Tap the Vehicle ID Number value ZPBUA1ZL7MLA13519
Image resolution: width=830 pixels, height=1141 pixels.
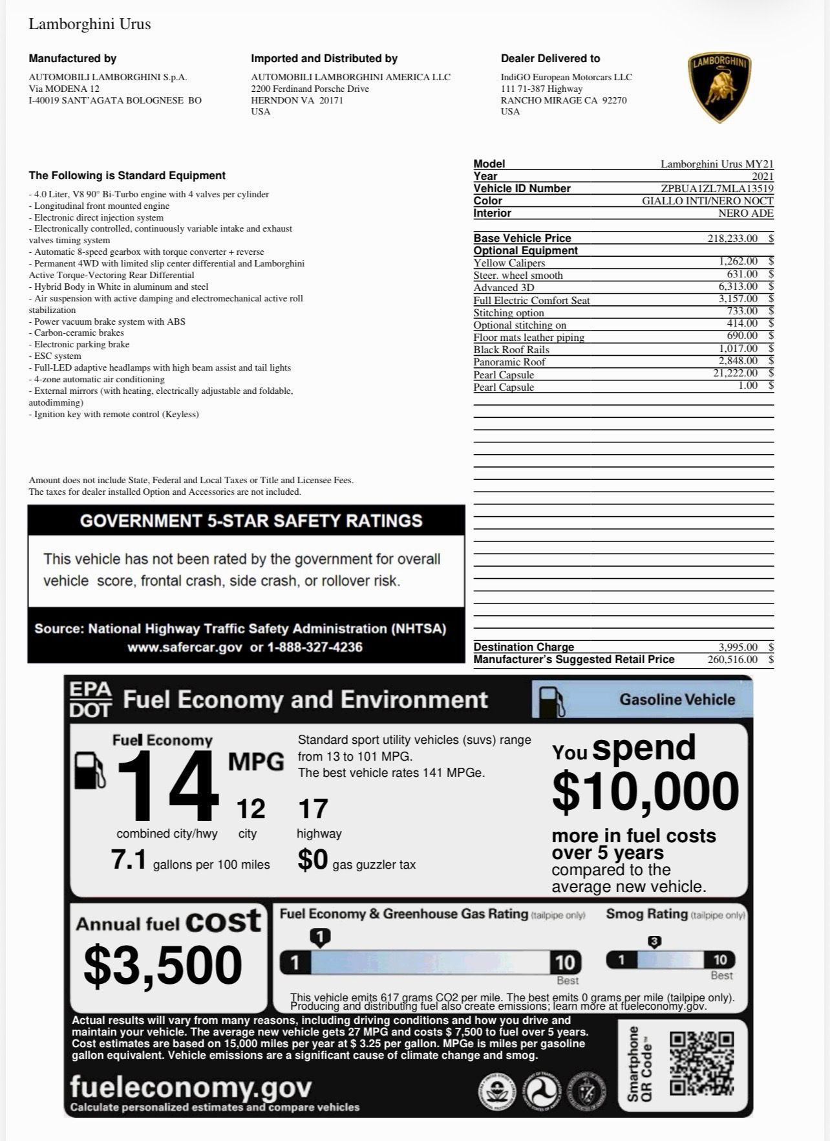[x=717, y=188]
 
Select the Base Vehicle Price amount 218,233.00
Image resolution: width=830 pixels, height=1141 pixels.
[x=732, y=238]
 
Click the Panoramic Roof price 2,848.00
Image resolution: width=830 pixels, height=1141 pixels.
[x=738, y=361]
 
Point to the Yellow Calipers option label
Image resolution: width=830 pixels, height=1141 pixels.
[x=509, y=263]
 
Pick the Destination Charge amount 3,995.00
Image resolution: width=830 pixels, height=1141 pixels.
[x=738, y=647]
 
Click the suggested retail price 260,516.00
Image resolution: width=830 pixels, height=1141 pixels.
[x=732, y=659]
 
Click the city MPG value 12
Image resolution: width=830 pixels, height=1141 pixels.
[x=250, y=809]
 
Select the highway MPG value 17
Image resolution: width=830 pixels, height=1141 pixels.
[x=313, y=809]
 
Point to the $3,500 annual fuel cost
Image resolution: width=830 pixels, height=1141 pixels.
[x=163, y=964]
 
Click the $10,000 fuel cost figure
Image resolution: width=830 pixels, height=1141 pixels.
[x=645, y=791]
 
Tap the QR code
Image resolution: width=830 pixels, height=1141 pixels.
[x=701, y=1063]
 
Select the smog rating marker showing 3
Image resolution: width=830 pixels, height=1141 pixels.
[x=654, y=942]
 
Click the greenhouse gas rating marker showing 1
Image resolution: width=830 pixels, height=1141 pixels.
[x=320, y=936]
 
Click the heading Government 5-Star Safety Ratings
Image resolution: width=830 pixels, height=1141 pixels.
[x=251, y=521]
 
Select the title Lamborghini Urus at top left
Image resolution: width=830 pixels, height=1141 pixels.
[x=90, y=25]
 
